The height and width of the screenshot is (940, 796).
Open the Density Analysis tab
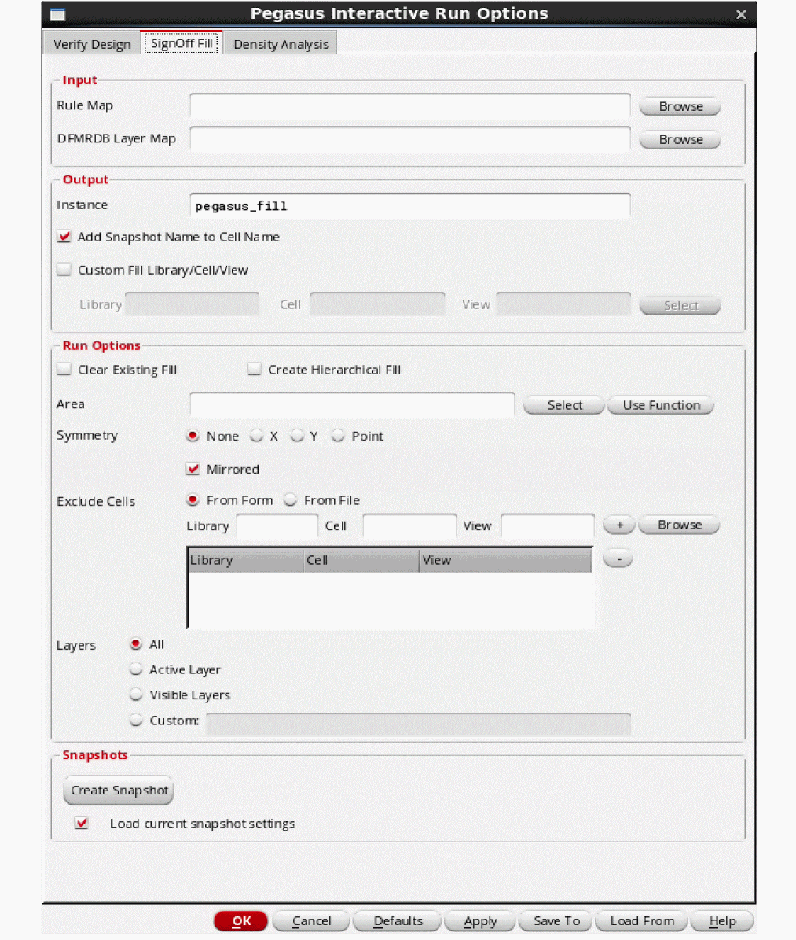281,44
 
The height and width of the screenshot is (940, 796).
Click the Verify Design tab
92,44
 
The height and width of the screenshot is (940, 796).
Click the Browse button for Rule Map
680,107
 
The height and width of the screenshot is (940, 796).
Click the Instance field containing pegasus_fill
409,206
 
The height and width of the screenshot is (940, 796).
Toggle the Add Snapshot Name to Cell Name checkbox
64,237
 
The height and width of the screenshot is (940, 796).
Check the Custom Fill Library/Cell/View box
64,270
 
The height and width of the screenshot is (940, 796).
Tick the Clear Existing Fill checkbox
64,370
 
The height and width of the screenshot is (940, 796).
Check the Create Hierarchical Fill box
254,370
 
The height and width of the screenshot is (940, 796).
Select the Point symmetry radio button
338,436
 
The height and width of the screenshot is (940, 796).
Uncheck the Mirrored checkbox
193,469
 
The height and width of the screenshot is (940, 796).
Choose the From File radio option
291,500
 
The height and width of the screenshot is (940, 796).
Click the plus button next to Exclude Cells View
619,525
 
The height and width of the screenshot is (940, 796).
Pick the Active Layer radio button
137,669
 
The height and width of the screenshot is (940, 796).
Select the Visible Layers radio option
137,695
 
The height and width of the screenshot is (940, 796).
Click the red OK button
240,921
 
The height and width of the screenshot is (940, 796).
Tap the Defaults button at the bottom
398,921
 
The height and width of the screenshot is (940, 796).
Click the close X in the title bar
740,14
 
